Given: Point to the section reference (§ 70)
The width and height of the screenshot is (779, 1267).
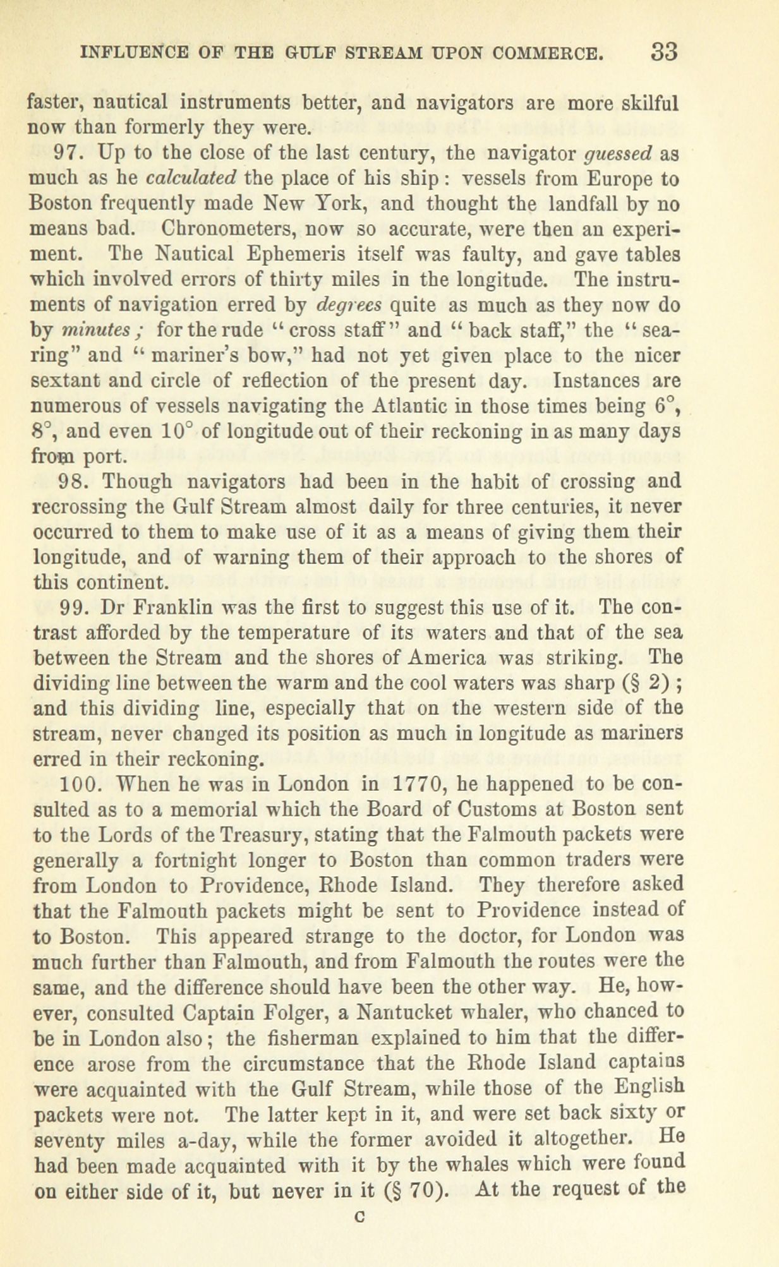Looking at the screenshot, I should pos(416,1189).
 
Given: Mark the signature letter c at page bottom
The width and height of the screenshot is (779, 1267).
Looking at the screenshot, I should pos(363,1218).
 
